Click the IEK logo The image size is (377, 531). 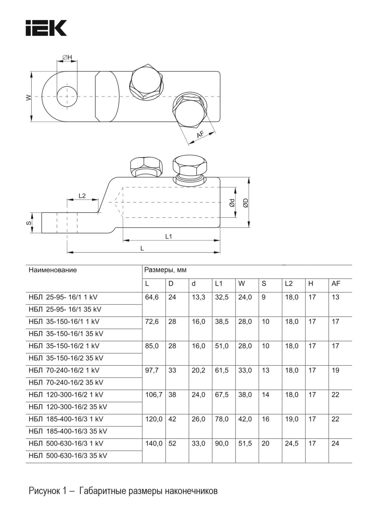coord(46,28)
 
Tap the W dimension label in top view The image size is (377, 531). coord(28,97)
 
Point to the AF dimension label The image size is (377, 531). coord(200,135)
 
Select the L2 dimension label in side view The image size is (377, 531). coord(82,196)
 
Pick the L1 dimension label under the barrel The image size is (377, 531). coord(168,236)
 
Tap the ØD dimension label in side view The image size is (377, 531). coord(246,203)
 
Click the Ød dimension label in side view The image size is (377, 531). coord(232,203)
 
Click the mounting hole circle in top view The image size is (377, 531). coord(67,97)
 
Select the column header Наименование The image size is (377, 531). coord(53,270)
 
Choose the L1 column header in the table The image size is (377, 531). coord(219,284)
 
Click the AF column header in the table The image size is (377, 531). coord(336,284)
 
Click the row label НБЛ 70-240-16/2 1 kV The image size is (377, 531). coord(64,370)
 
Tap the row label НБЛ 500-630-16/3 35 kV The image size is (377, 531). coord(68,456)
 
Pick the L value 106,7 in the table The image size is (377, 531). coord(153,395)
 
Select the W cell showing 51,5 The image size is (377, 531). coord(245,444)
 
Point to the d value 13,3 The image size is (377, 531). coord(199,297)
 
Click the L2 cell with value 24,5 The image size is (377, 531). coord(292,444)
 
